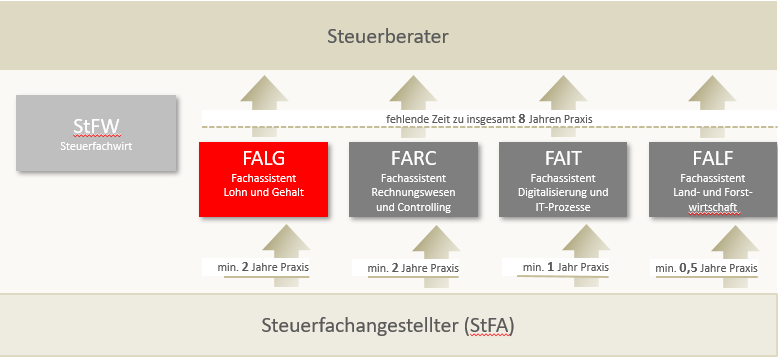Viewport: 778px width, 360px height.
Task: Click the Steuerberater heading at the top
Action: point(388,37)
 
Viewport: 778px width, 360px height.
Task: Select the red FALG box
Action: point(263,178)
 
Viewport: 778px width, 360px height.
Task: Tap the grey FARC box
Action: point(412,178)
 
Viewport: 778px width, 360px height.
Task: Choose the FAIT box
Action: point(562,178)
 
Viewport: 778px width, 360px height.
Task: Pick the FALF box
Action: point(712,178)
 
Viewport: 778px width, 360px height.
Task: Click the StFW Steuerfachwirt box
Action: point(96,131)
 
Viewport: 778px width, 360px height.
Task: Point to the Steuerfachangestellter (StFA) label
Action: point(388,326)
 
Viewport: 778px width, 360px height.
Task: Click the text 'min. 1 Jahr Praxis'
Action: point(565,267)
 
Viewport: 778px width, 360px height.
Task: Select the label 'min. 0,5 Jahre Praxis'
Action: point(706,268)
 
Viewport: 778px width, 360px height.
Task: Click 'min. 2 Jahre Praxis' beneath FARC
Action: point(413,268)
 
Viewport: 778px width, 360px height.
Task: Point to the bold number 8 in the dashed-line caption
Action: point(521,119)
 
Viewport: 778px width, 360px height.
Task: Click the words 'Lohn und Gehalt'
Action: point(263,191)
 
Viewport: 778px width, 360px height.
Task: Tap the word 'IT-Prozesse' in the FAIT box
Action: point(562,207)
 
